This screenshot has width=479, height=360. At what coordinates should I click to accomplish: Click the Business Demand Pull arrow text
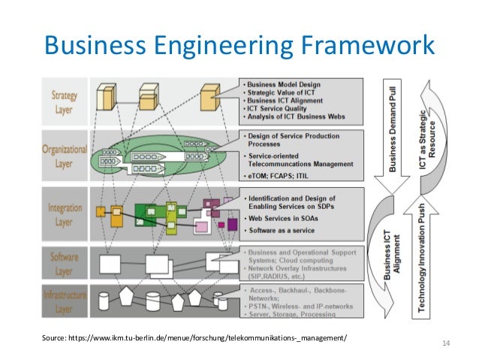pos(395,129)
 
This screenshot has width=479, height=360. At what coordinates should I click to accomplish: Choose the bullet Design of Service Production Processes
pos(293,141)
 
